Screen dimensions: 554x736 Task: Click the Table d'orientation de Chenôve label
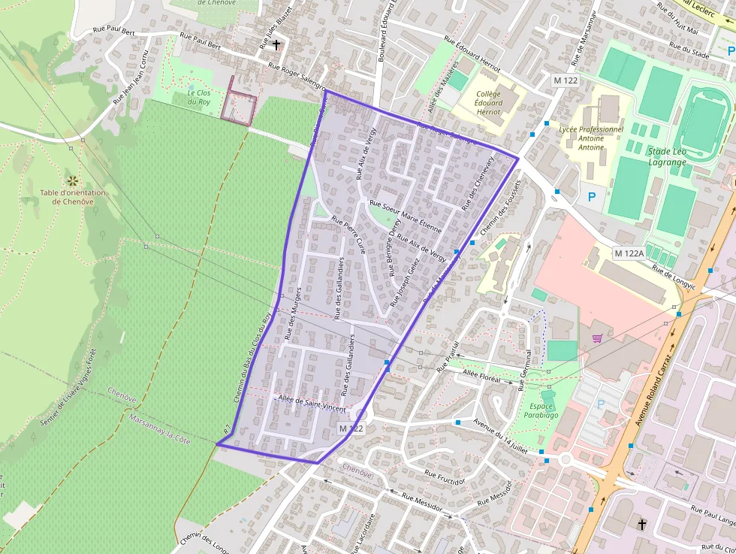coord(73,197)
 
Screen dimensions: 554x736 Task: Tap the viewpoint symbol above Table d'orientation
coord(73,180)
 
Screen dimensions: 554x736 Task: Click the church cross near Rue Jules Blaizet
coord(276,45)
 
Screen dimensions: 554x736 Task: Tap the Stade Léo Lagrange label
coord(667,157)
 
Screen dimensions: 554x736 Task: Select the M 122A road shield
coord(629,253)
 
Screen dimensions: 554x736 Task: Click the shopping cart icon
coord(598,339)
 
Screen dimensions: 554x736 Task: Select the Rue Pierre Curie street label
coord(349,235)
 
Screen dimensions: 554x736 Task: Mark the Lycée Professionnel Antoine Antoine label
coord(591,138)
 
